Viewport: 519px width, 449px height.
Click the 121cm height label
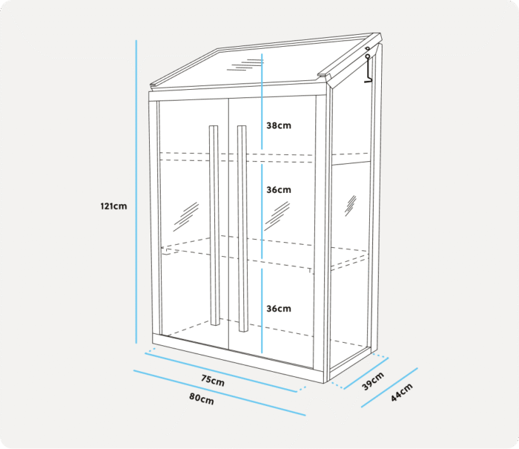point(113,206)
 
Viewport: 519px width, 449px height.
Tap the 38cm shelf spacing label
point(279,125)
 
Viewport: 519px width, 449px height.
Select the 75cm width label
point(213,381)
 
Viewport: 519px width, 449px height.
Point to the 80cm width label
point(202,399)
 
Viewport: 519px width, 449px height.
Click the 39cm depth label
point(373,381)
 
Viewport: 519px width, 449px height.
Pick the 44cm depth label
point(402,393)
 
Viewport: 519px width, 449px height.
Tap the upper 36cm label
point(279,190)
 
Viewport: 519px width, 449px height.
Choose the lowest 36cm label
point(279,309)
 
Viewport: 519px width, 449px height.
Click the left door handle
point(214,226)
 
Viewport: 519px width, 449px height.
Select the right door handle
point(242,229)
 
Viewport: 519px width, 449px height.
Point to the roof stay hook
point(368,65)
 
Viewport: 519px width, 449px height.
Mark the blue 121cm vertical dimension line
point(136,192)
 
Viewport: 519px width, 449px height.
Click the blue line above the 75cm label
point(221,373)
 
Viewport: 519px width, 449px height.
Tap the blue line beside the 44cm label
point(389,387)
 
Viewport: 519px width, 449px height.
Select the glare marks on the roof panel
point(245,65)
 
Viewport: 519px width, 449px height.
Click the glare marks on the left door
point(185,217)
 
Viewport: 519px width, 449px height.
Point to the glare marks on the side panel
point(351,206)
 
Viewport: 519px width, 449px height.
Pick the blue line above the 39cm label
point(366,373)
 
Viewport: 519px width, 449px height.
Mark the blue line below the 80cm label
point(219,393)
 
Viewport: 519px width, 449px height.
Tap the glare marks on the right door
point(277,216)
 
